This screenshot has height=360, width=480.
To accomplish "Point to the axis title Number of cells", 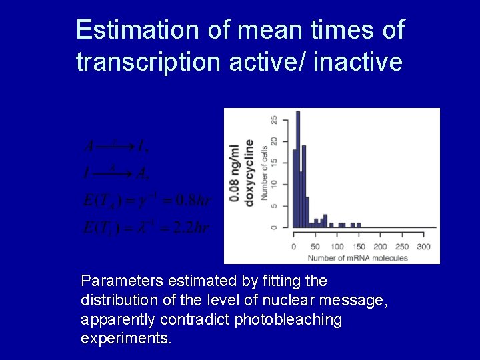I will (265, 174).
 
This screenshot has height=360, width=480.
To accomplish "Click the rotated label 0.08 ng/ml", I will (235, 173).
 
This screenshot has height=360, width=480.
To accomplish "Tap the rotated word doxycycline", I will (249, 173).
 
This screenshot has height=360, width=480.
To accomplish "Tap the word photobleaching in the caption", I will (288, 320).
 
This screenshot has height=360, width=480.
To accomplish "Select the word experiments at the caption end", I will (125, 339).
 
